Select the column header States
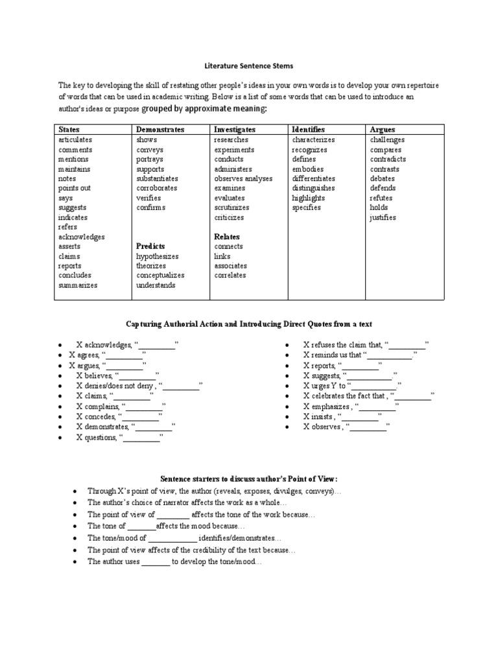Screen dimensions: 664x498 click(x=69, y=130)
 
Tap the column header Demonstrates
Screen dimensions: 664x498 click(x=160, y=130)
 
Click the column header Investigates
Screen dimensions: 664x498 click(x=235, y=130)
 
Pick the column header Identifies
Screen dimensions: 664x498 click(x=308, y=130)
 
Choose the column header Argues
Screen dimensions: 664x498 click(x=383, y=130)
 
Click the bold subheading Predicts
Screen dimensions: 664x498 click(x=150, y=246)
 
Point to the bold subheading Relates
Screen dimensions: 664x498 click(x=226, y=237)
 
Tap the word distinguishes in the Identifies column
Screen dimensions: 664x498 click(x=314, y=188)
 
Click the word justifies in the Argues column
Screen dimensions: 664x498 click(x=383, y=217)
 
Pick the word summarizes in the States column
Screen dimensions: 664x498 click(x=78, y=285)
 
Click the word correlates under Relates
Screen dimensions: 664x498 click(x=230, y=275)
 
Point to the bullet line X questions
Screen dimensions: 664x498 click(x=119, y=438)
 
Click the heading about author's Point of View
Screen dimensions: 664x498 click(x=249, y=478)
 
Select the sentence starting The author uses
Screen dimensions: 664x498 click(x=174, y=562)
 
